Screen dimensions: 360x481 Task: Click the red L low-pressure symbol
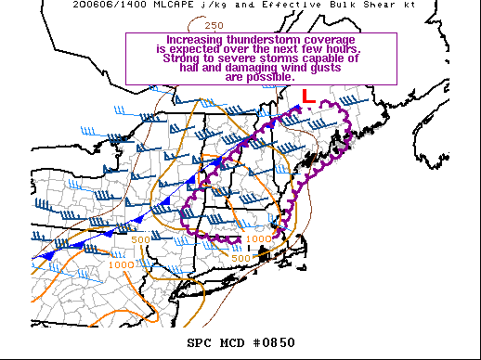point(309,96)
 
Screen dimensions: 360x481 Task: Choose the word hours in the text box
point(353,50)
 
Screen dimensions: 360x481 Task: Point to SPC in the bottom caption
point(200,343)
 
